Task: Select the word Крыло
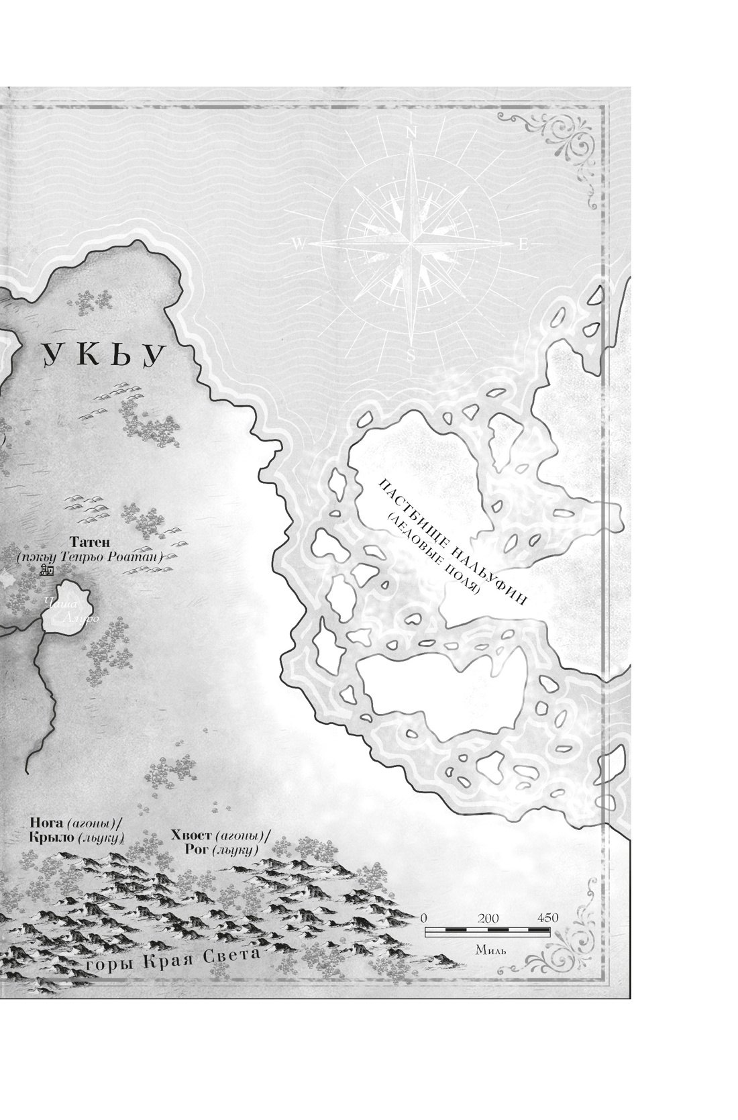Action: coord(51,838)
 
